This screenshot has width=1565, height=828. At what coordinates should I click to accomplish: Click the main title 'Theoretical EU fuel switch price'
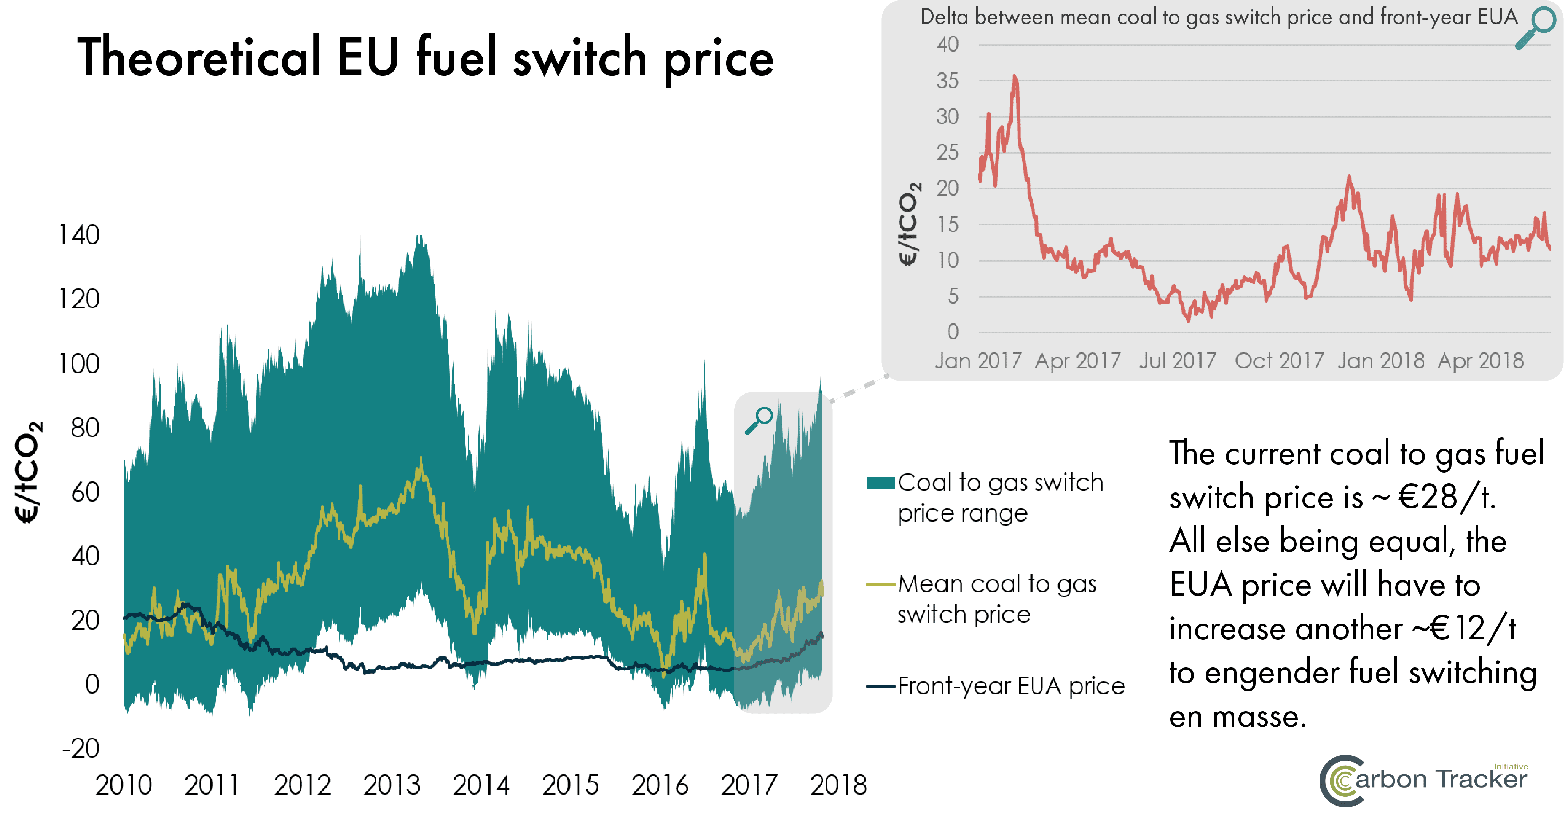(x=425, y=58)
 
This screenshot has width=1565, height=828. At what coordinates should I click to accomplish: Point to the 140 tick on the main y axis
(x=79, y=235)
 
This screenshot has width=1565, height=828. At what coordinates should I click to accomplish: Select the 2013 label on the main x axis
(x=392, y=785)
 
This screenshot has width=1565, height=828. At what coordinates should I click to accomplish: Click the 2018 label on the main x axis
(x=838, y=785)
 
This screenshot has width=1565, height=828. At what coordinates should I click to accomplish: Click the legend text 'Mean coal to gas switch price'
(x=996, y=599)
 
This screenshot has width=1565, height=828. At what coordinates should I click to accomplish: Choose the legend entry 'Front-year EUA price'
(x=1011, y=686)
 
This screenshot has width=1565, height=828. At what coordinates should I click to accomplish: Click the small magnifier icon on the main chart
(x=759, y=420)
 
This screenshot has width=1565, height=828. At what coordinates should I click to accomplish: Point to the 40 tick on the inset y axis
(x=947, y=45)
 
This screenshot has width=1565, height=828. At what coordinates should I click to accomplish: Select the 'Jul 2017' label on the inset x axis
(x=1178, y=361)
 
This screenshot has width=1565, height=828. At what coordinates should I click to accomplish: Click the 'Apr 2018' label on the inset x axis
(x=1481, y=361)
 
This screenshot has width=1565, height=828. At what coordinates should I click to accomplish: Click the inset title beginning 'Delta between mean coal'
(x=1218, y=17)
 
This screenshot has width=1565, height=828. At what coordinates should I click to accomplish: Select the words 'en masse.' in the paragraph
(x=1237, y=717)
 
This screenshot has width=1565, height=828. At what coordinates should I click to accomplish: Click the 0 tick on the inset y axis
(x=953, y=332)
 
